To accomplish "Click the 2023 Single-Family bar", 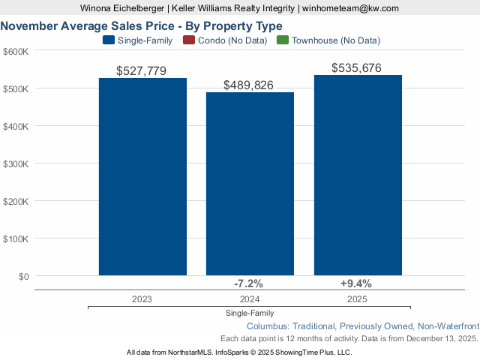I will point(142,177).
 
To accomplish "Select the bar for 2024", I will point(250,184).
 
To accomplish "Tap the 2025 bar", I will point(358,175).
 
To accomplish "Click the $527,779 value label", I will point(142,71).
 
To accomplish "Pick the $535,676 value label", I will point(357,68).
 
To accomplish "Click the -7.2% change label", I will point(249,283).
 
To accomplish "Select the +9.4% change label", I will point(356,283).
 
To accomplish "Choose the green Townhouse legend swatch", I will point(282,40).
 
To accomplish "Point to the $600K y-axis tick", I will point(16,51).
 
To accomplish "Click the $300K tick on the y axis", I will point(16,163).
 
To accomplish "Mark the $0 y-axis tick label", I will point(22,276).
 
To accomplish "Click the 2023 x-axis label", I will point(142,298).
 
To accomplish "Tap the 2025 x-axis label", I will point(357,298).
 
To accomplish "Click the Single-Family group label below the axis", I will point(249,313).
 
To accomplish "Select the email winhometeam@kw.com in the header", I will point(350,8).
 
